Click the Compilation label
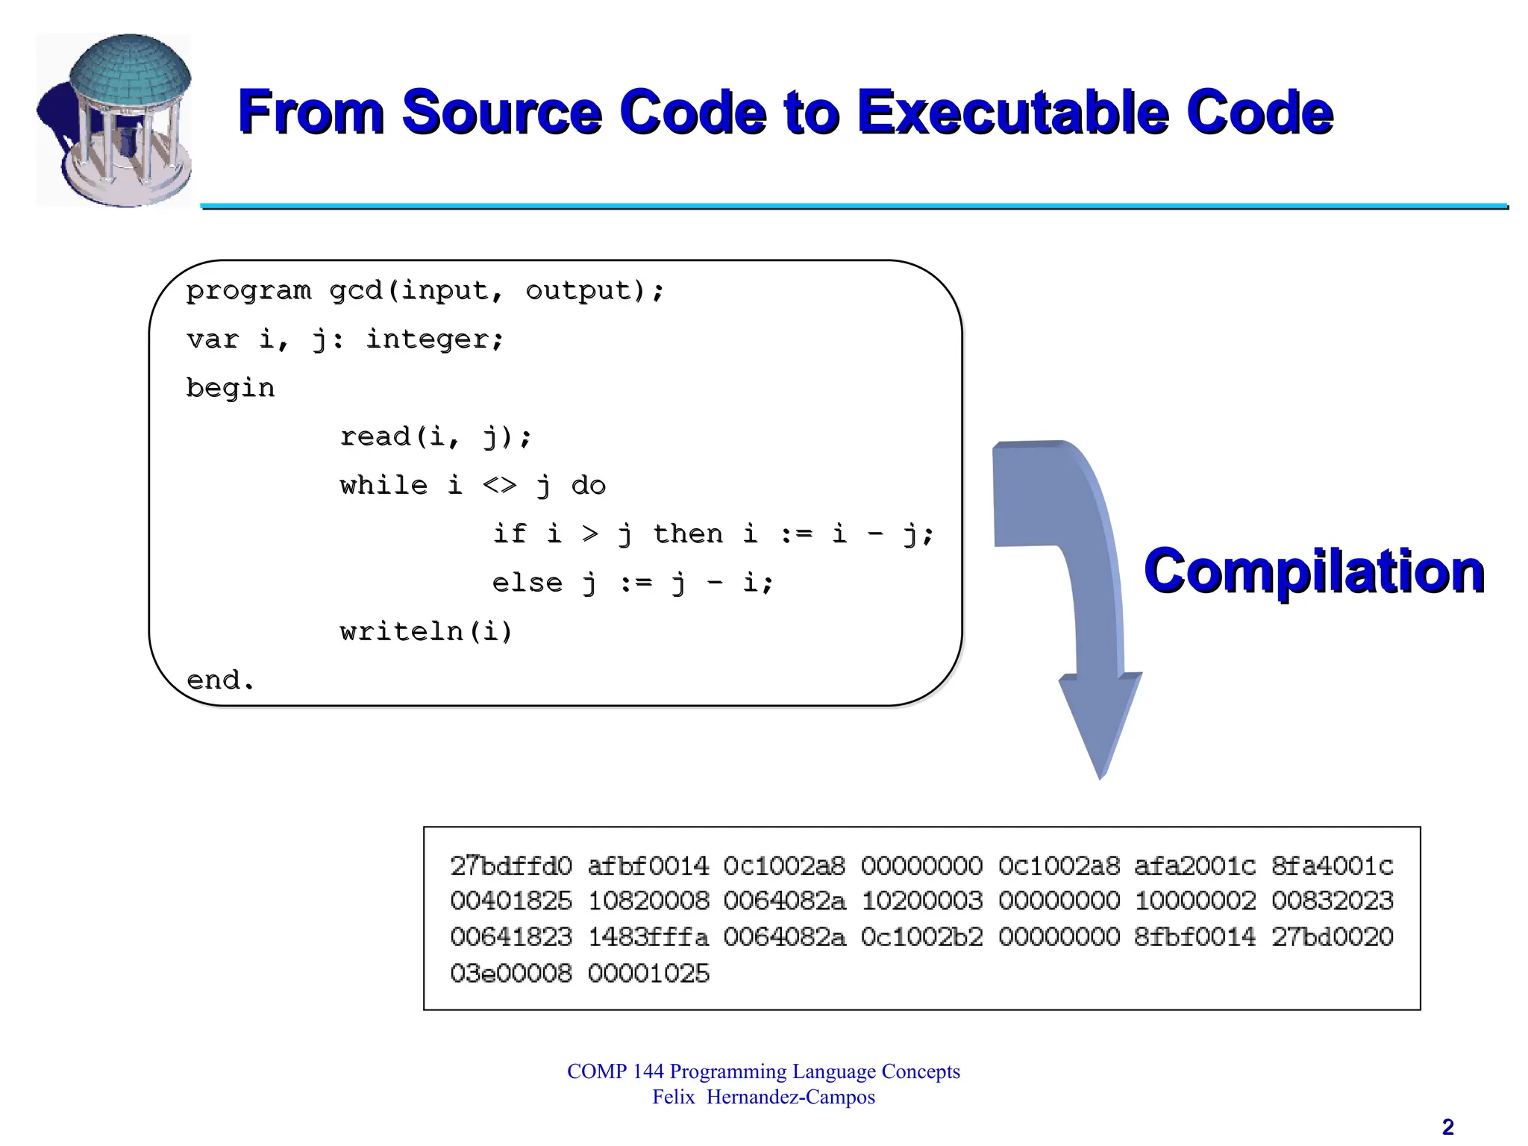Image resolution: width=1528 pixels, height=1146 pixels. (x=1314, y=571)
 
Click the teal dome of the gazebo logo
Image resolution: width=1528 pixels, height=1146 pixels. (x=131, y=71)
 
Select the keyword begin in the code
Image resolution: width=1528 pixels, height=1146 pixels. (x=231, y=388)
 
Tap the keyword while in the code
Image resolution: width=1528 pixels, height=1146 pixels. (x=383, y=486)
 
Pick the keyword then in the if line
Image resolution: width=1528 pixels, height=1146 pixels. (x=688, y=534)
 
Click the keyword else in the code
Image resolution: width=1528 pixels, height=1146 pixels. (x=527, y=583)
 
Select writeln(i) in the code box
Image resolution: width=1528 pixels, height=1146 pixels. (x=426, y=632)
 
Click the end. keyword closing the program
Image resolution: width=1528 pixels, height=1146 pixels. (x=220, y=680)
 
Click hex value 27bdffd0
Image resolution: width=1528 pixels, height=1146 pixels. (x=511, y=866)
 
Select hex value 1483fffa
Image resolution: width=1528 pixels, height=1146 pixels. (x=648, y=937)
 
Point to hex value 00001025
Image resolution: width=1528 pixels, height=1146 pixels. (x=648, y=974)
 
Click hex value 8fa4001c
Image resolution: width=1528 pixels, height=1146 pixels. (x=1333, y=866)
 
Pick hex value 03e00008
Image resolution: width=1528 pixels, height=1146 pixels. (x=511, y=974)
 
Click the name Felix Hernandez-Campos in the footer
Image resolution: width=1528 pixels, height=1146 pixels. (x=763, y=1098)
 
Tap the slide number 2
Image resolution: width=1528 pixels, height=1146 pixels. (x=1447, y=1127)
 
